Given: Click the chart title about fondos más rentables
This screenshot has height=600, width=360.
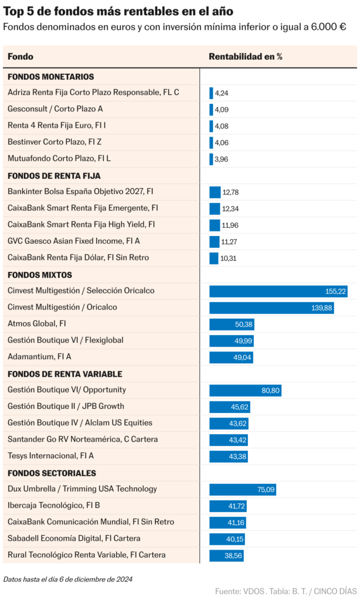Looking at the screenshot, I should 118,11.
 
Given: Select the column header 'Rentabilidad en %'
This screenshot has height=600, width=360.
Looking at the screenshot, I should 246,57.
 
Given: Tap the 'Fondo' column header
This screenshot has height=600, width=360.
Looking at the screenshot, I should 21,57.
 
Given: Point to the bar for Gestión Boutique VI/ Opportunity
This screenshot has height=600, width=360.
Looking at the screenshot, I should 246,390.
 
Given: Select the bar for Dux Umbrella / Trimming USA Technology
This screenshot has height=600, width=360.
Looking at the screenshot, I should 243,489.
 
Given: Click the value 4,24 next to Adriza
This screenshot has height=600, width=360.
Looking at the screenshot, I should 221,93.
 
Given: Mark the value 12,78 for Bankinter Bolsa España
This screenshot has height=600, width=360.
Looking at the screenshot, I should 230,192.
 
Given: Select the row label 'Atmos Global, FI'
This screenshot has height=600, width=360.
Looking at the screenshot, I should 36,324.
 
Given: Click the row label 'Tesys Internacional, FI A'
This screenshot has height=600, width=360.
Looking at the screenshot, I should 50,456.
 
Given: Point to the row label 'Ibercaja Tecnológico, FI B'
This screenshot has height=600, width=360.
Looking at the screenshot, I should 54,506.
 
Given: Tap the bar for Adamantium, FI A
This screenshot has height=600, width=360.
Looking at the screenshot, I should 231,357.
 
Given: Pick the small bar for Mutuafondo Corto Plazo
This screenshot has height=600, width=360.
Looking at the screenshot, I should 211,159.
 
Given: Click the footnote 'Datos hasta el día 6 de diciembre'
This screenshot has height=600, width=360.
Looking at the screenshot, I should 67,579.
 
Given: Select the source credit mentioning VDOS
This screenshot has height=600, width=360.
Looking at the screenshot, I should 286,591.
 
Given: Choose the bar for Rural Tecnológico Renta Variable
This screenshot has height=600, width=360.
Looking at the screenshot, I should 226,555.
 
